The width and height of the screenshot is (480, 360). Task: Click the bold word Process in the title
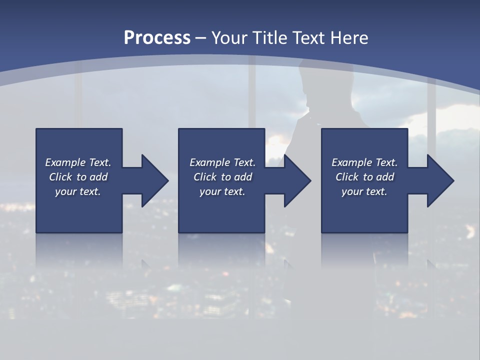[157, 38]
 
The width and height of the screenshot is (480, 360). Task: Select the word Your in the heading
[230, 38]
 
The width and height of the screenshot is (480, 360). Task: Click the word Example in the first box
[65, 162]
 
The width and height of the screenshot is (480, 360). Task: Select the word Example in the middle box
[209, 162]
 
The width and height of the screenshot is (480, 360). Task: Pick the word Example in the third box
[351, 162]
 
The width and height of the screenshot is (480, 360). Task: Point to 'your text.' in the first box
[78, 191]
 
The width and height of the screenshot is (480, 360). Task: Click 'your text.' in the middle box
[222, 191]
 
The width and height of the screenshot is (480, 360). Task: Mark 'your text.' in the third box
[364, 191]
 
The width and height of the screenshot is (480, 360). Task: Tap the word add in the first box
[98, 177]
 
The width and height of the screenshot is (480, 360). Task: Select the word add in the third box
[385, 177]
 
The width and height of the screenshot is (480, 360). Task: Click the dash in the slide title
[201, 38]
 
